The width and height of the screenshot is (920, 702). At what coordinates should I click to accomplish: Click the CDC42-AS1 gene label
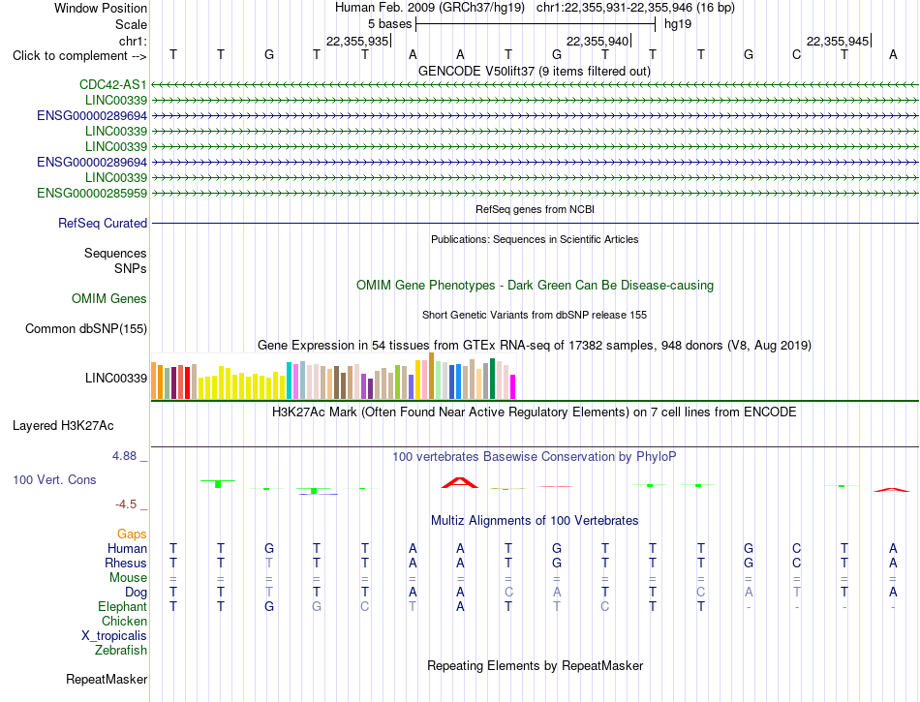(113, 85)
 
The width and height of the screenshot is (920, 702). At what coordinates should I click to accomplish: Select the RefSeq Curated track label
(103, 224)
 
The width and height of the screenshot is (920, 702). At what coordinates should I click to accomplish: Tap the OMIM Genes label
(109, 299)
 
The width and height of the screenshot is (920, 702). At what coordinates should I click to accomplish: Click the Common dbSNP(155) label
(86, 329)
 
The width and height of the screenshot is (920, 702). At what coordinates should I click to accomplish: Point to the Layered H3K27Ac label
(63, 426)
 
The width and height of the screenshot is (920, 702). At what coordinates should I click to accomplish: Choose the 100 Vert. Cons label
(54, 479)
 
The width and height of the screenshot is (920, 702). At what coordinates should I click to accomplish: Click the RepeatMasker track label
(107, 679)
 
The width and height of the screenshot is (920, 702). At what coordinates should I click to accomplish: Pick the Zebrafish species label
(121, 651)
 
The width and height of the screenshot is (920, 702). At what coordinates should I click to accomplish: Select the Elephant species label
(123, 607)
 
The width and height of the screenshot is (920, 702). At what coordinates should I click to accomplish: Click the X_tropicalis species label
(114, 636)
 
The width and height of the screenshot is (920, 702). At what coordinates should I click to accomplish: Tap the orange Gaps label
(132, 534)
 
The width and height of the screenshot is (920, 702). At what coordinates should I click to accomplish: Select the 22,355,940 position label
(598, 41)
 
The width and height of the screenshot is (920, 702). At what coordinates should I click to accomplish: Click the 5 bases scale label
(390, 24)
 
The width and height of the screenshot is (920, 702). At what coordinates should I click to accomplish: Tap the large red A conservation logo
(460, 482)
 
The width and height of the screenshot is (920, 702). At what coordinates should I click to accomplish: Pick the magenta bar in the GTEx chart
(513, 387)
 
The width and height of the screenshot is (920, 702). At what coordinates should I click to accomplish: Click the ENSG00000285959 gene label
(92, 194)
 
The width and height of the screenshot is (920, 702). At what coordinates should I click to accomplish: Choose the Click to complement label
(79, 56)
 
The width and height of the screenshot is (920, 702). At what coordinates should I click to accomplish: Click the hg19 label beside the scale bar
(678, 24)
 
